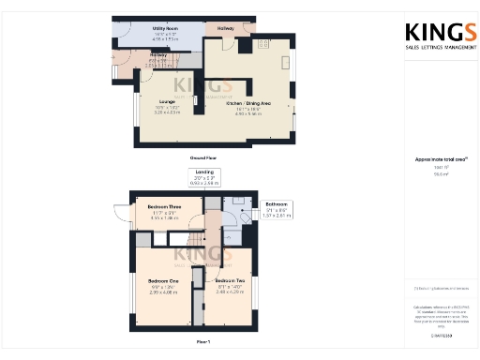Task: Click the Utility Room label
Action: point(165,29)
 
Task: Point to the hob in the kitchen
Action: point(263,43)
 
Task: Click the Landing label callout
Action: point(203,173)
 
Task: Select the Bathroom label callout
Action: point(276,204)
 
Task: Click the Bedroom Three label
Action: point(164,212)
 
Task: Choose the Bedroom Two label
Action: point(230,282)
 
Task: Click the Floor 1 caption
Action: point(202,343)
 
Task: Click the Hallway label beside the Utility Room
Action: point(226,29)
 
